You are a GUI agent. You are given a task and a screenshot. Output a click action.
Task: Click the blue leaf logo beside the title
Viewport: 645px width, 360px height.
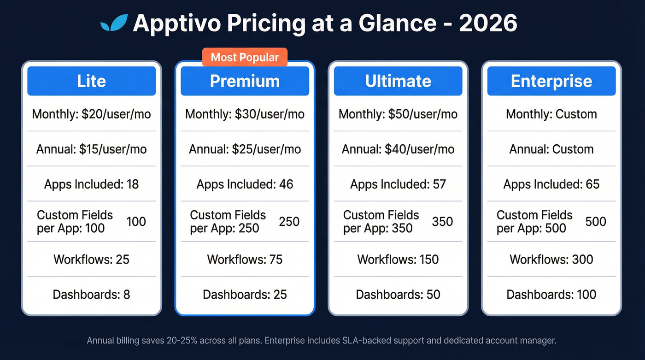(114, 23)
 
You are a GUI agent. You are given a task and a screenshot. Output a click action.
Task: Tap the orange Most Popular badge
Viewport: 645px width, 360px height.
(245, 58)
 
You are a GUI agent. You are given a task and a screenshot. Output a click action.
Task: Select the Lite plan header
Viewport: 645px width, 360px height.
(91, 81)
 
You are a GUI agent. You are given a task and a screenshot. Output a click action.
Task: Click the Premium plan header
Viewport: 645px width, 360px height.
(245, 81)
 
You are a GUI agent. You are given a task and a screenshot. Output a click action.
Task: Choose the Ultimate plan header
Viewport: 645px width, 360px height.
(398, 81)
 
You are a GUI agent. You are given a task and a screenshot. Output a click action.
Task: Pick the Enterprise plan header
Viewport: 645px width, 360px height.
(551, 81)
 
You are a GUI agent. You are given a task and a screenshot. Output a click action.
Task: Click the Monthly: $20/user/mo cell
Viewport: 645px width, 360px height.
(91, 114)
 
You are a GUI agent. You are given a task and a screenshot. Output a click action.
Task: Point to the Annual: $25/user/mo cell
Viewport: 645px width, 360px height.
(245, 149)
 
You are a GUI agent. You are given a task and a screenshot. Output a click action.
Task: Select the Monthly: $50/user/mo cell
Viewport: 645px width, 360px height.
(398, 114)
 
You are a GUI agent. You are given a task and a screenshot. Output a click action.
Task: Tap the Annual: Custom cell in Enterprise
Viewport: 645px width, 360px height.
(551, 149)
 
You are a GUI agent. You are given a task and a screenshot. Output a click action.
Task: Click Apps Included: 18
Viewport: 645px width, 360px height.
(91, 184)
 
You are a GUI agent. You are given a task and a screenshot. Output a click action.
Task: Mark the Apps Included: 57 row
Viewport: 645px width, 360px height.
(398, 184)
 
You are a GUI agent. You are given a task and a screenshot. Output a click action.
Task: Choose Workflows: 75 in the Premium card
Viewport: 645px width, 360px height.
(245, 259)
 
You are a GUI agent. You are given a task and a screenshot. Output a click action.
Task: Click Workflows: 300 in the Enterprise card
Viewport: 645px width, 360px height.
(551, 259)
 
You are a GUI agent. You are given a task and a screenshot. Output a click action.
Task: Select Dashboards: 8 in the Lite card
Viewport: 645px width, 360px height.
(91, 294)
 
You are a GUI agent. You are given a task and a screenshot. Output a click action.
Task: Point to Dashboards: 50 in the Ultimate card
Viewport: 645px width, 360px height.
(398, 294)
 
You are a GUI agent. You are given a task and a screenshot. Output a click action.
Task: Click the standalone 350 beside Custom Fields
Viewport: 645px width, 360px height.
(442, 222)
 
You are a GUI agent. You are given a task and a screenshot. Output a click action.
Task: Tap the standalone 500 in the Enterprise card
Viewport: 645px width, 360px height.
(596, 222)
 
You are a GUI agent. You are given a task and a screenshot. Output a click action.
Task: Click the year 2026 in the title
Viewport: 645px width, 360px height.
(488, 23)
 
